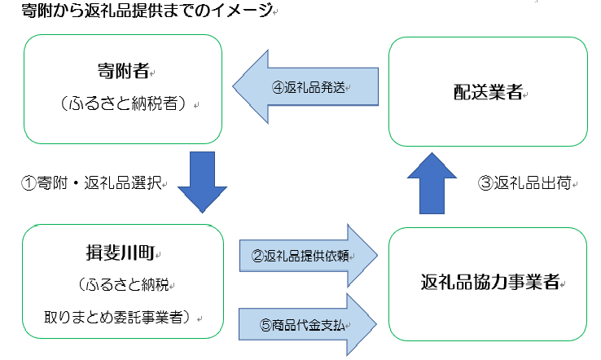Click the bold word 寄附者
click(123, 71)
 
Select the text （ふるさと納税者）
click(123, 103)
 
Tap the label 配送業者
click(487, 92)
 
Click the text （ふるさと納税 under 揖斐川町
click(122, 285)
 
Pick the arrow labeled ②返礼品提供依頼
click(310, 255)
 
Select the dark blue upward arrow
click(432, 184)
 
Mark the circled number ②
click(257, 255)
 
